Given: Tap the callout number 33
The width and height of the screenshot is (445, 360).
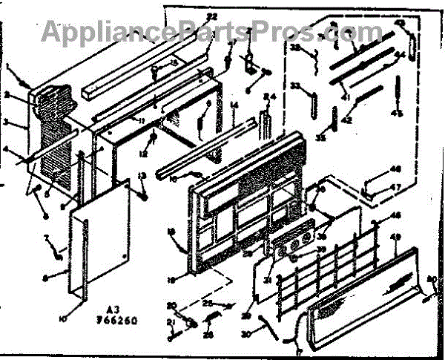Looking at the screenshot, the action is click(x=296, y=87).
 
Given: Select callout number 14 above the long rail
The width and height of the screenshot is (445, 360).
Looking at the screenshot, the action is click(x=233, y=106).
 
